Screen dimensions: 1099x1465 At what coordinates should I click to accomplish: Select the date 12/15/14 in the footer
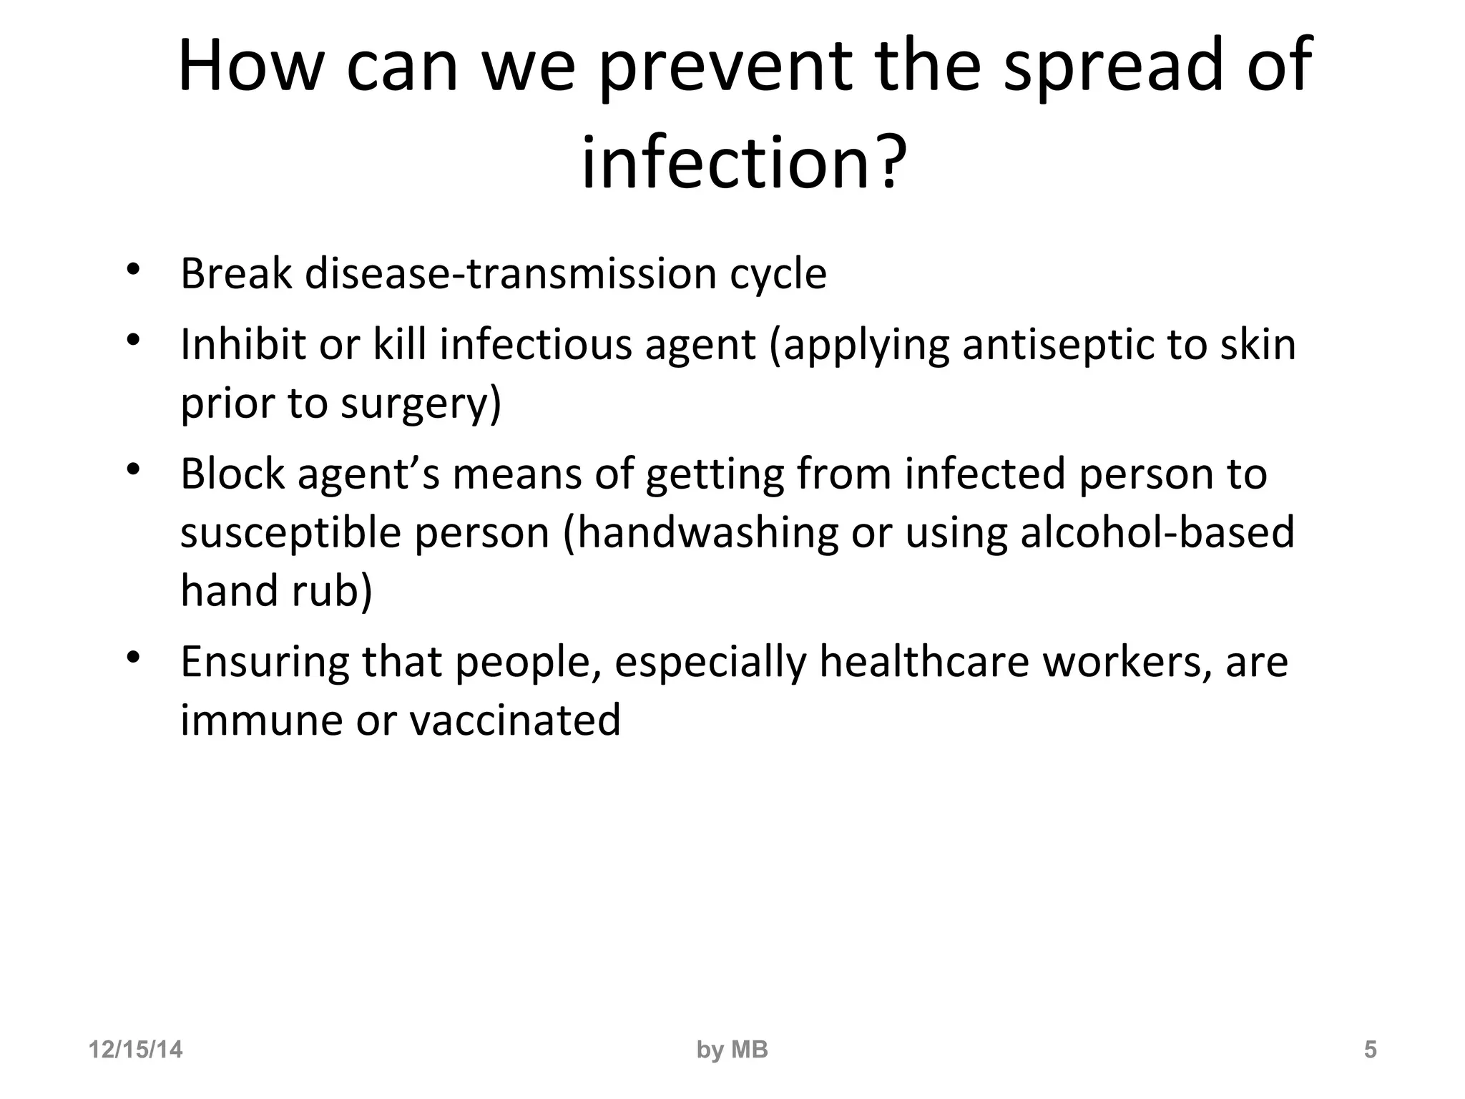point(135,1050)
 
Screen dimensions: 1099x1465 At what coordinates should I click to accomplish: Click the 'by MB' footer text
point(732,1050)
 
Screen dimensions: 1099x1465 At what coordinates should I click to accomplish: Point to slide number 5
point(1370,1050)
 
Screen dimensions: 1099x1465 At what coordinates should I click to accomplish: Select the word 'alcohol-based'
point(1157,533)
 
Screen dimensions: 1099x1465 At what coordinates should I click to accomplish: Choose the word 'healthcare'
point(924,662)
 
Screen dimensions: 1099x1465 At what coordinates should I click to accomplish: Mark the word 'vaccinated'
point(515,721)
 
